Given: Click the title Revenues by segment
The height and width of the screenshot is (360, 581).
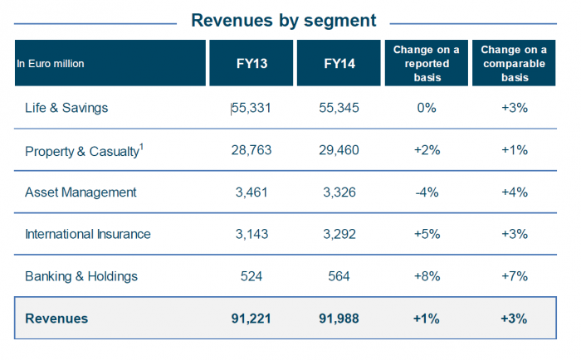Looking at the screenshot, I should point(283,20).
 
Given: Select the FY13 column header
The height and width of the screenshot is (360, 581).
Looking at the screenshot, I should point(253,63).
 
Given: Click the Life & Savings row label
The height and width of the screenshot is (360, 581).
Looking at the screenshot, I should point(67,108).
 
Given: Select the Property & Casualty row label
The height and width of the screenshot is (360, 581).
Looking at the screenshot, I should point(81,150).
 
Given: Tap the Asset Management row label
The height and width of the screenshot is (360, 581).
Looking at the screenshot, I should point(81,192).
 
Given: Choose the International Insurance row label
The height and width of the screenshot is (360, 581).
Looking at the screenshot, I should point(88,234).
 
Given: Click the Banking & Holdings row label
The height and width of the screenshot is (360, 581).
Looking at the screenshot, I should point(81,276).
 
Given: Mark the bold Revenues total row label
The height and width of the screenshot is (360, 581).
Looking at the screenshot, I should point(56,319).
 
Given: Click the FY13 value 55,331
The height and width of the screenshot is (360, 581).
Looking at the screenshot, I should point(253,108).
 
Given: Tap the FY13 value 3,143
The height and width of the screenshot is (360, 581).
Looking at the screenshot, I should point(253,234).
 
